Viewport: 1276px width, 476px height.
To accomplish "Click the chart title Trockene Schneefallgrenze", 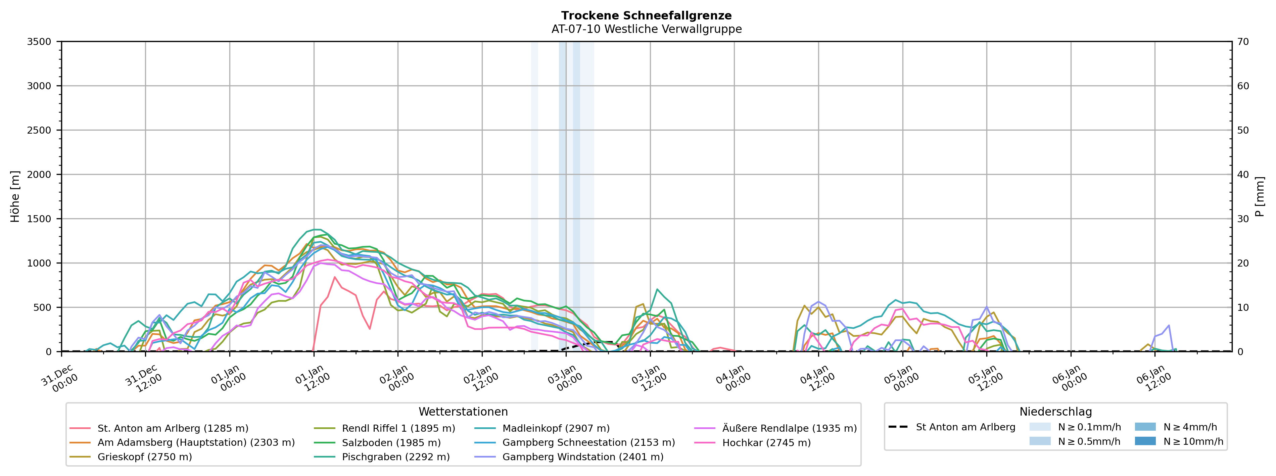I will (647, 16).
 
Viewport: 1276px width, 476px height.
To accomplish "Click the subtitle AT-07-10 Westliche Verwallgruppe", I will (647, 29).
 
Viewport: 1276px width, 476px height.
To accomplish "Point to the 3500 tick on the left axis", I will (39, 42).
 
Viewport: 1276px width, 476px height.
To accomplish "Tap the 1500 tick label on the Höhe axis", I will (39, 219).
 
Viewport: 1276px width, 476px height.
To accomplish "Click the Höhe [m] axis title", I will (15, 197).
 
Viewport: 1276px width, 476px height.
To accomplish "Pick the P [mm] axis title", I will (1260, 197).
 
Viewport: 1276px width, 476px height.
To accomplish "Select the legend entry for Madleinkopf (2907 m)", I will (556, 428).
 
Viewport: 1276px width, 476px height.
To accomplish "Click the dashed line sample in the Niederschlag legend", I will (898, 427).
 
